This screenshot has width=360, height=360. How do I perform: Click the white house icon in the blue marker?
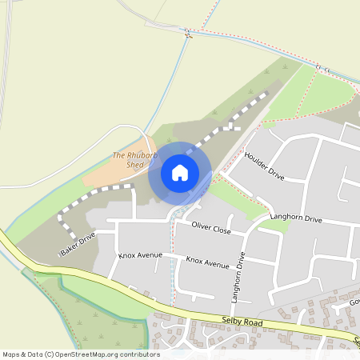pos(180,172)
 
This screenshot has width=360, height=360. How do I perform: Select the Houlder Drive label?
pos(264,165)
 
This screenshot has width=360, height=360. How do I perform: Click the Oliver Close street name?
pos(211,230)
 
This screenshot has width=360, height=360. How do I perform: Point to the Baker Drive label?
pos(78,243)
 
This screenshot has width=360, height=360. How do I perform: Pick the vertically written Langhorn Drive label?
pos(237,275)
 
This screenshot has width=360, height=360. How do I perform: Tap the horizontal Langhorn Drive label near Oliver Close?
pos(295,218)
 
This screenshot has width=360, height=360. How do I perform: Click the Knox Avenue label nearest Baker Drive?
pos(140,255)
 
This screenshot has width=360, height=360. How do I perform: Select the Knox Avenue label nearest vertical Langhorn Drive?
pos(207,262)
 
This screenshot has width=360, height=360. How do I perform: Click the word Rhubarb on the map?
pos(138,154)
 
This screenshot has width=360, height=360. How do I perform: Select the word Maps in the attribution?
pos(10,354)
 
